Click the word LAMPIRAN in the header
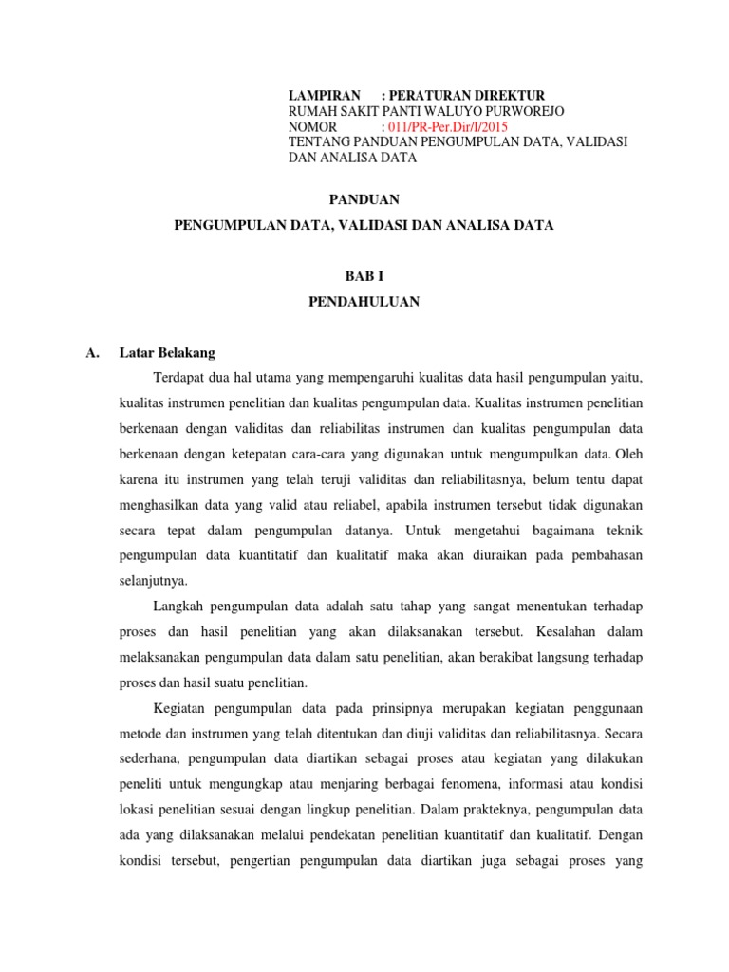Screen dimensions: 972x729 click(324, 96)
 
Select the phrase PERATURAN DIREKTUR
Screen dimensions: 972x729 click(466, 96)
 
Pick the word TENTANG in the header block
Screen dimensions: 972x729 click(319, 141)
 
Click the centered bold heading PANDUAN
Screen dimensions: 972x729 click(364, 199)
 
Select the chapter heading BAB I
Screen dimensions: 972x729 click(364, 275)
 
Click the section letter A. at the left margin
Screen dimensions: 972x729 click(92, 353)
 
